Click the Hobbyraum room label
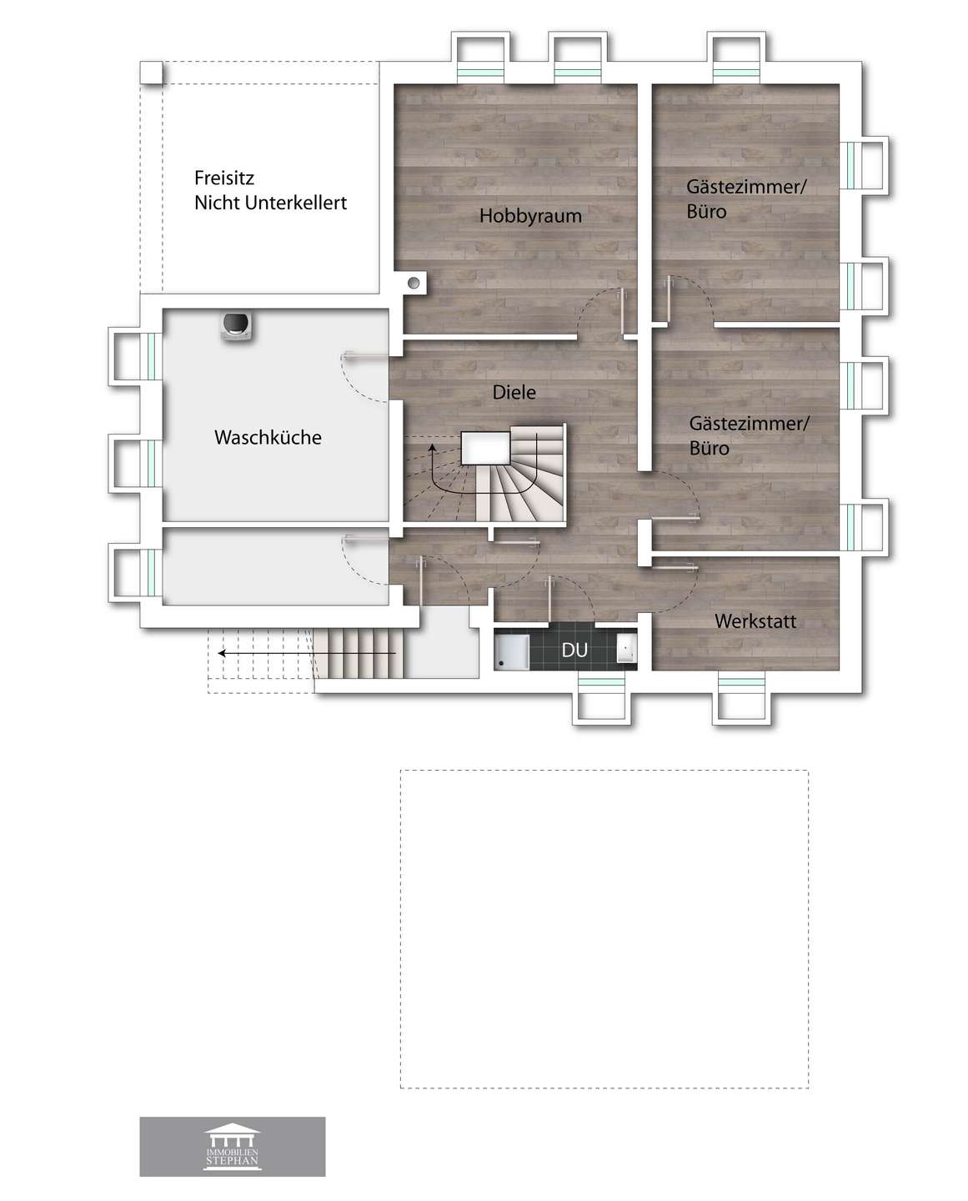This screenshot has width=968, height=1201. click(x=530, y=215)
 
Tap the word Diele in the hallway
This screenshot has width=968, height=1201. click(x=514, y=392)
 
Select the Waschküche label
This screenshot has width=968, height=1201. click(x=268, y=437)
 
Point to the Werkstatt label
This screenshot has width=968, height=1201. click(x=755, y=621)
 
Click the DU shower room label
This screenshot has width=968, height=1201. click(x=574, y=651)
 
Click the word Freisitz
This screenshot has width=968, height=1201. click(x=223, y=178)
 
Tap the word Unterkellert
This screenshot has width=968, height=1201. click(x=296, y=203)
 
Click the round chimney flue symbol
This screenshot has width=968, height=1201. click(x=414, y=283)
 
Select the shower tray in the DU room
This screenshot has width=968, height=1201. click(x=511, y=651)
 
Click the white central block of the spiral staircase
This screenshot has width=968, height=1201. click(x=485, y=448)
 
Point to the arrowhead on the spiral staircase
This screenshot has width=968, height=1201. click(x=432, y=447)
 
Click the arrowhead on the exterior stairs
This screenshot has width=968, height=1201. click(x=222, y=653)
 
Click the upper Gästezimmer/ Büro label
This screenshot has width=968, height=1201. click(x=746, y=198)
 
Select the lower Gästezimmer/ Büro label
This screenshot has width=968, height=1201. click(x=749, y=435)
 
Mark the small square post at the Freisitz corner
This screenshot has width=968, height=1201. click(x=151, y=73)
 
